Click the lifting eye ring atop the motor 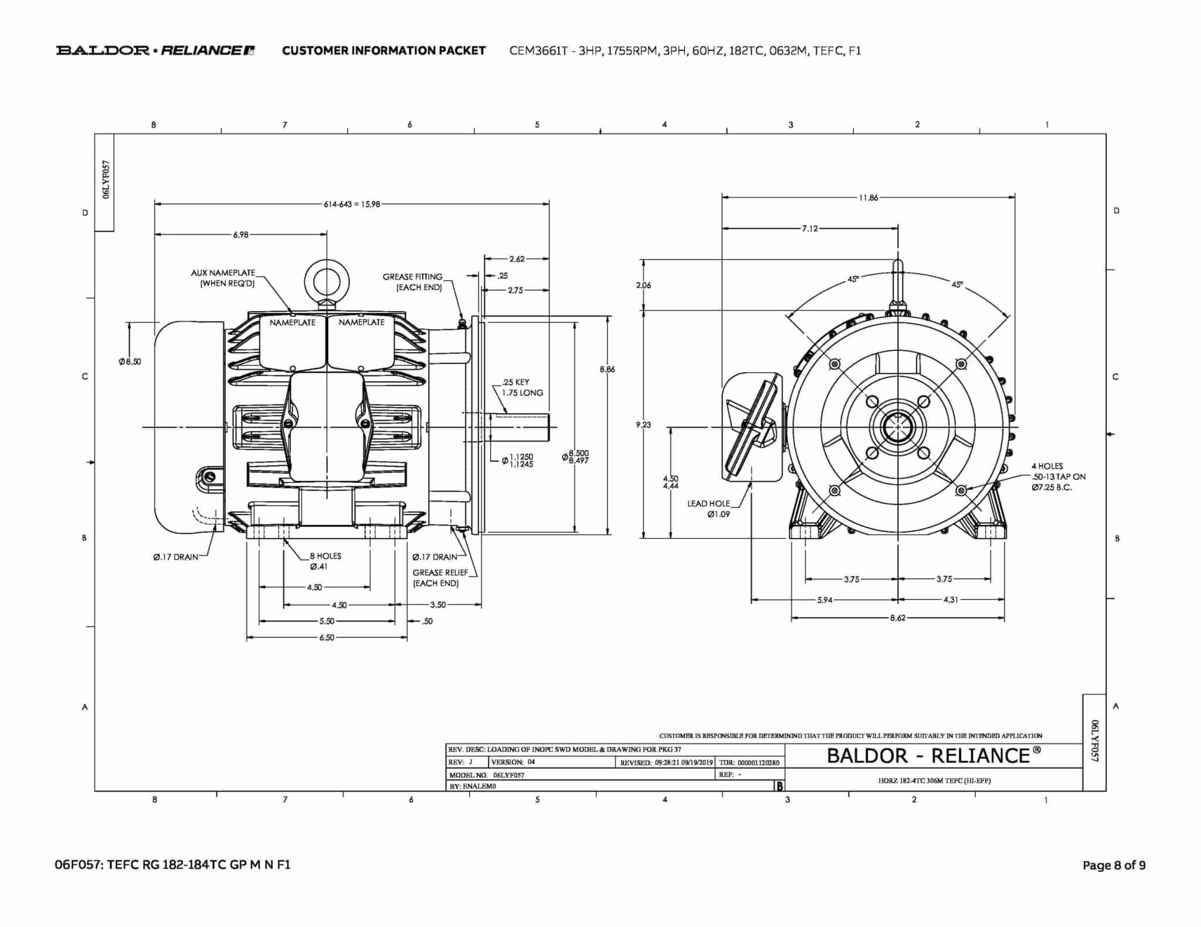(x=327, y=280)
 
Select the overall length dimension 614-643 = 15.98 (x=352, y=204)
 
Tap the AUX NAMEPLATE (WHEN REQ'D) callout (x=223, y=278)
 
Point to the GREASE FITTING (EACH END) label (x=412, y=282)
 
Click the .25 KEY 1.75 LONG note (x=521, y=387)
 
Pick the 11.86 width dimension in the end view (x=868, y=197)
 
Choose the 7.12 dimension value (x=810, y=228)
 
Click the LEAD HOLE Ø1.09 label (x=709, y=509)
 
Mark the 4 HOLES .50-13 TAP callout (x=1058, y=476)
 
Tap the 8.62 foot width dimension (x=897, y=618)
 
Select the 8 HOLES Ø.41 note (x=325, y=561)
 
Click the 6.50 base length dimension (x=327, y=638)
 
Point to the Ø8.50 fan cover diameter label (x=130, y=362)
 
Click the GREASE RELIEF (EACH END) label (x=439, y=578)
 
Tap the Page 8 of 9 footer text (x=1114, y=865)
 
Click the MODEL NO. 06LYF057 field (x=487, y=775)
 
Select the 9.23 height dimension (x=643, y=425)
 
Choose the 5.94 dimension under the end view (x=825, y=600)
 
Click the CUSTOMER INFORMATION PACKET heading (x=384, y=50)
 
